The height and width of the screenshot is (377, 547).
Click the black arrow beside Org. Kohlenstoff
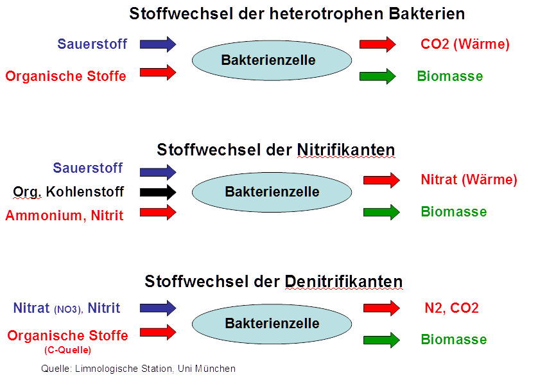(x=158, y=192)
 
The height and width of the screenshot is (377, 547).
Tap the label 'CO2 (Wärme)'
(x=465, y=44)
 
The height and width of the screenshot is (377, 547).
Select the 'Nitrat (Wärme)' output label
(x=469, y=180)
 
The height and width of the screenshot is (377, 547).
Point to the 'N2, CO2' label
(x=451, y=308)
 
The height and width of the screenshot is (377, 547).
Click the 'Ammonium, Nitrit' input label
(x=64, y=216)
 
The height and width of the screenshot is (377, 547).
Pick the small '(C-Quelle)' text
(x=68, y=350)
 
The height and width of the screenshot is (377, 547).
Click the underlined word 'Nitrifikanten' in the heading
(x=346, y=150)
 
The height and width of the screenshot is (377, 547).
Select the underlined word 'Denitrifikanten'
(x=343, y=281)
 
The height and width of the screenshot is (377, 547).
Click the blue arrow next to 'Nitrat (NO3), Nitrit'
(x=158, y=308)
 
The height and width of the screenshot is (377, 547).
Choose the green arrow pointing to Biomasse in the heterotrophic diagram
(x=378, y=76)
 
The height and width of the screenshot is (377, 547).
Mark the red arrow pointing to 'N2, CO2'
(x=381, y=308)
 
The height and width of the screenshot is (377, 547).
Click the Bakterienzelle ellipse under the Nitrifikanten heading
(x=272, y=192)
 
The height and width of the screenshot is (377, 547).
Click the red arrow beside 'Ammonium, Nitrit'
(x=158, y=213)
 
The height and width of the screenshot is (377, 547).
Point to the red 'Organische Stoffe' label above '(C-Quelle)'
(x=67, y=335)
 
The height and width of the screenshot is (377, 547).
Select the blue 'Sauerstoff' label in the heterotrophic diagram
(x=92, y=44)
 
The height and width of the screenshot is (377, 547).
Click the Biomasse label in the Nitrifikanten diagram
(x=453, y=212)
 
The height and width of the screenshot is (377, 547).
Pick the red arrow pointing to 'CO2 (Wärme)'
(x=378, y=44)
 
